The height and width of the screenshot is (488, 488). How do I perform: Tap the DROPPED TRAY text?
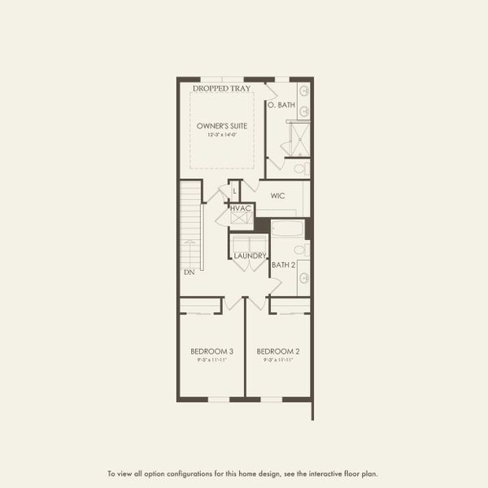[221, 88]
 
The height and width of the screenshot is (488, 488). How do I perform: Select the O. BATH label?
[281, 105]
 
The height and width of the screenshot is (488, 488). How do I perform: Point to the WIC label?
[277, 196]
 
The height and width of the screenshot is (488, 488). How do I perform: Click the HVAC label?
[242, 208]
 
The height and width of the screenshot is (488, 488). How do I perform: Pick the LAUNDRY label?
[250, 256]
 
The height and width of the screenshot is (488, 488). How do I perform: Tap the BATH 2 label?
[283, 265]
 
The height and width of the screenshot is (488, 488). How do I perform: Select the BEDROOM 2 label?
[278, 351]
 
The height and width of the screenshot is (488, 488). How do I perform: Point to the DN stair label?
[190, 272]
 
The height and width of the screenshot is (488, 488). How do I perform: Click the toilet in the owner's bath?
[299, 168]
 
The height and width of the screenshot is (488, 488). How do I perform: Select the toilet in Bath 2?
[300, 250]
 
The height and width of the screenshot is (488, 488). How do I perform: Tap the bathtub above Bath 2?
[287, 228]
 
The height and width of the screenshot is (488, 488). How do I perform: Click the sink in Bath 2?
[303, 278]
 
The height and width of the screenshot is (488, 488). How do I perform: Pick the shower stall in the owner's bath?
[298, 139]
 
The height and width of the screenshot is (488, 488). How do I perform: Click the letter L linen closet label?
[234, 191]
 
